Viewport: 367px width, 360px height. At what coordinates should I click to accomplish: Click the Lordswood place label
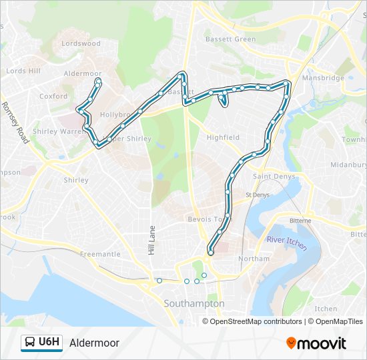tap(81, 43)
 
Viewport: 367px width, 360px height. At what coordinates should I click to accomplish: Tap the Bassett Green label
tap(230, 39)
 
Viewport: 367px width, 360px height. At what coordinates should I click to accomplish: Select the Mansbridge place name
tap(323, 78)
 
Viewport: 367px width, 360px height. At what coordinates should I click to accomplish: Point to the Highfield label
tap(223, 138)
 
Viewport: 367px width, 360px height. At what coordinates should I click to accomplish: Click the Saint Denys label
tap(270, 177)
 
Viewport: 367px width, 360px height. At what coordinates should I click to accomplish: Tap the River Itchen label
tap(287, 243)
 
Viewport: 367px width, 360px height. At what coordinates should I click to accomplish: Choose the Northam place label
tap(254, 259)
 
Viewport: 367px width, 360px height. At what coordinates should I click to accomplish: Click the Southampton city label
tap(194, 303)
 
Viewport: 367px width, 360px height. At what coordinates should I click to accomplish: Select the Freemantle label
tap(100, 254)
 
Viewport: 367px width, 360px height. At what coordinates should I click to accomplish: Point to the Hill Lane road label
tap(151, 241)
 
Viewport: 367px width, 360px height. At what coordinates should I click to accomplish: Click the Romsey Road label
tap(15, 123)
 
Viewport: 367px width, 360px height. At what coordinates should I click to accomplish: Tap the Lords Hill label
tap(23, 71)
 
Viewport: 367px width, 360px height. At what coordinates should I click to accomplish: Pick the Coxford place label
tap(53, 96)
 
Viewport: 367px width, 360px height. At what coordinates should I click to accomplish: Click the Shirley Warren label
tap(55, 132)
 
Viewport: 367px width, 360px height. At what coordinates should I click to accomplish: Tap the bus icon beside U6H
tap(30, 343)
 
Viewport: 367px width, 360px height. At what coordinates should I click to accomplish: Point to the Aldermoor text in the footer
tap(94, 343)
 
